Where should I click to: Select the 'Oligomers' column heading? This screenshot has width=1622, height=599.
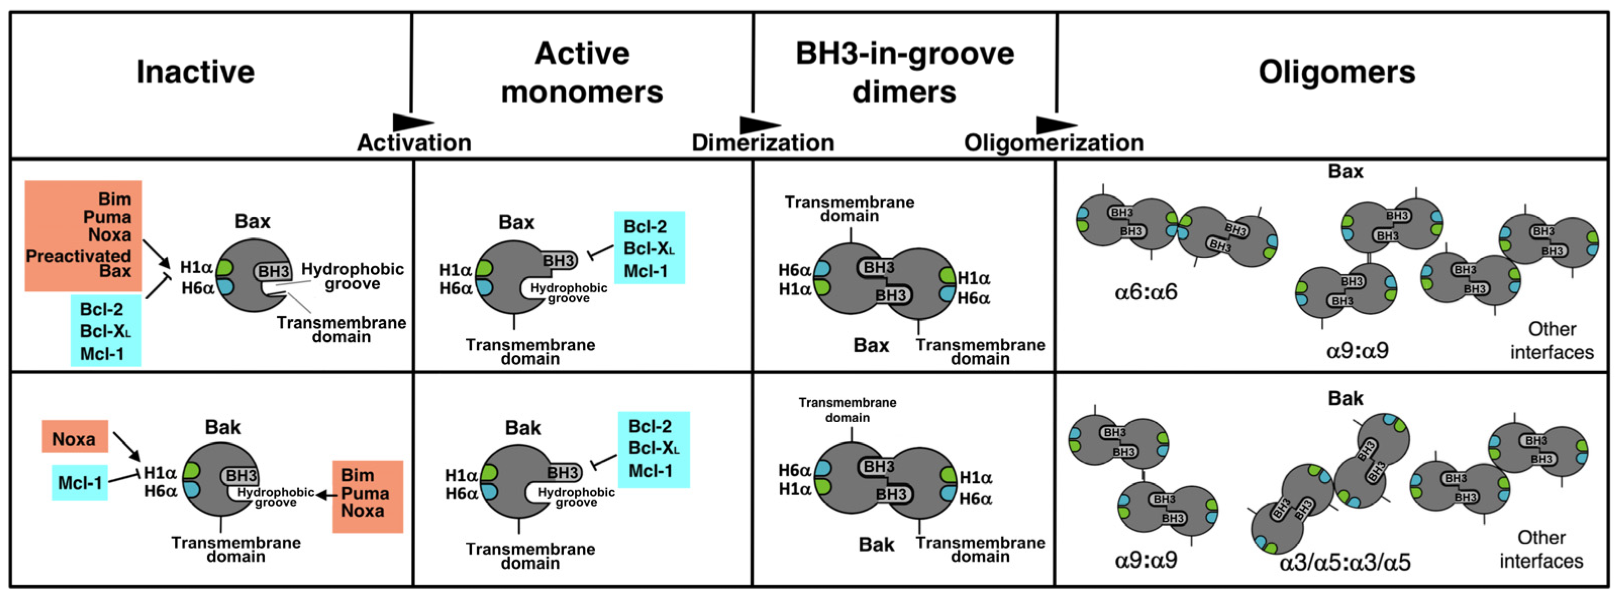click(x=1336, y=72)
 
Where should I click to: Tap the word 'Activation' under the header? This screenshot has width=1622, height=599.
click(x=414, y=143)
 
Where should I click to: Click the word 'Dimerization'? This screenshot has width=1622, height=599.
click(x=763, y=143)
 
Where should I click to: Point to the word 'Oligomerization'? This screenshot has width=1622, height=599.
click(x=1053, y=143)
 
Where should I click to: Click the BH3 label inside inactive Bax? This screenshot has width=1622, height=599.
click(x=274, y=272)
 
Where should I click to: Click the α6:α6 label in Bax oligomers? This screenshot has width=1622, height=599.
click(x=1145, y=293)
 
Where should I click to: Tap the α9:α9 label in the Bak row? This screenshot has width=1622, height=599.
click(x=1145, y=560)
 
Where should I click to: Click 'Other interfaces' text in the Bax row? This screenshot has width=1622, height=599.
click(x=1551, y=341)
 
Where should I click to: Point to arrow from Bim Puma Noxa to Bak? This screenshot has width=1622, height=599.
click(x=325, y=495)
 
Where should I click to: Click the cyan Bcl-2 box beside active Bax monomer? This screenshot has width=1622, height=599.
click(x=649, y=247)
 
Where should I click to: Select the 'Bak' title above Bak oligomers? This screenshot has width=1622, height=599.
click(x=1345, y=398)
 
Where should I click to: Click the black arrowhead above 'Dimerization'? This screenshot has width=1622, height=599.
click(x=759, y=124)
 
